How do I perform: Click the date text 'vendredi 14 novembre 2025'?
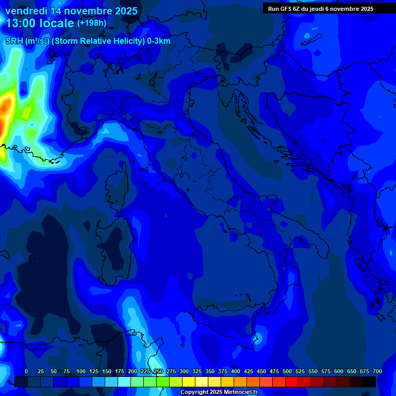tap(71, 11)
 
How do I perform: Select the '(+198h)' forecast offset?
tap(92, 23)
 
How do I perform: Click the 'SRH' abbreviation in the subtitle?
tap(14, 41)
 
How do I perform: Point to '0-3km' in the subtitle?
tap(159, 41)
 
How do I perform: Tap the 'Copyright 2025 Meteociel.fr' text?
tap(219, 392)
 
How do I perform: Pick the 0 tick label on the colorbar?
tap(26, 371)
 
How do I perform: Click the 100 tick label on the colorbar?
tap(81, 371)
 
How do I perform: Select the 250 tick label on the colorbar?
tap(158, 371)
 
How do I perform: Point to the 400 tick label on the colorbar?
tap(236, 371)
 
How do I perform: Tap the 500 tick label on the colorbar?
tap(287, 371)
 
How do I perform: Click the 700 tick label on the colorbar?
tap(377, 371)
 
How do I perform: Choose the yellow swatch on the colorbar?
tap(189, 382)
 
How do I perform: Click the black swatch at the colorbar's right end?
tap(369, 382)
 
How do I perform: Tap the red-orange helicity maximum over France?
tap(5, 109)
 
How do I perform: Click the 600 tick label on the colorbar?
tap(339, 371)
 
